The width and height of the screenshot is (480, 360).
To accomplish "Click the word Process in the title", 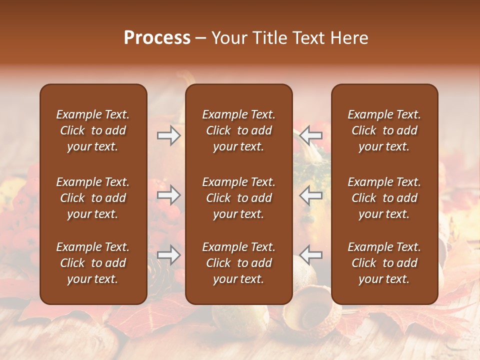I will [x=157, y=38].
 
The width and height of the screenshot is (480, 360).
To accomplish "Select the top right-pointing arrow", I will [x=169, y=135].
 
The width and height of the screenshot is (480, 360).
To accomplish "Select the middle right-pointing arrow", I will [x=169, y=195].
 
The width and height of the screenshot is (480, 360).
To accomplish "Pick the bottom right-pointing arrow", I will [x=169, y=255].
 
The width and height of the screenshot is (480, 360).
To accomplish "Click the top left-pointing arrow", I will [x=311, y=135].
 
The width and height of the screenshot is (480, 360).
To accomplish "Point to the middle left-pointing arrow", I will [x=311, y=195].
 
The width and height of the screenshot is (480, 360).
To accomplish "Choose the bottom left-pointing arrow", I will [x=311, y=255].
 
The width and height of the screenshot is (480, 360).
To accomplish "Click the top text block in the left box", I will [x=93, y=130].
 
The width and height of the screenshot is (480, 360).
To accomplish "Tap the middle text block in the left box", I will [x=93, y=198].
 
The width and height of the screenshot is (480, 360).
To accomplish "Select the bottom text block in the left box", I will [x=93, y=263].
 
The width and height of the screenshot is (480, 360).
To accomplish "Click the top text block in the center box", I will [x=238, y=130].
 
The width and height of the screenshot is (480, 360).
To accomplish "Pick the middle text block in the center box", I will [x=238, y=198].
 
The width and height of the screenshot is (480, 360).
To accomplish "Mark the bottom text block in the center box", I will [x=238, y=263].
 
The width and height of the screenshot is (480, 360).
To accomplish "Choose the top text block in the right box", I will [x=384, y=130].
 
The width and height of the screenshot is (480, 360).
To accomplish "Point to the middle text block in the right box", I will [x=384, y=198].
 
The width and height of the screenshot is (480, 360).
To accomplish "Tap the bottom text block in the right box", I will [x=384, y=263].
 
